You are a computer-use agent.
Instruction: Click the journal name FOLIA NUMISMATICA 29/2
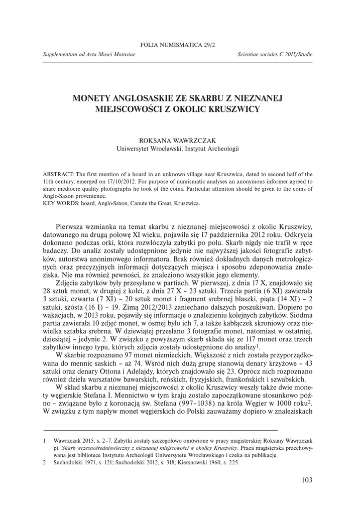point(178,45)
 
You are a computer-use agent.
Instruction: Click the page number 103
point(307,480)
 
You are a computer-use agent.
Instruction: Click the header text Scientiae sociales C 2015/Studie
point(275,54)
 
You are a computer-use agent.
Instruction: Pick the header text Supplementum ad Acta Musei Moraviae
point(87,54)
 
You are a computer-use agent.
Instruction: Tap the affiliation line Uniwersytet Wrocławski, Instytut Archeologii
point(178,149)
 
